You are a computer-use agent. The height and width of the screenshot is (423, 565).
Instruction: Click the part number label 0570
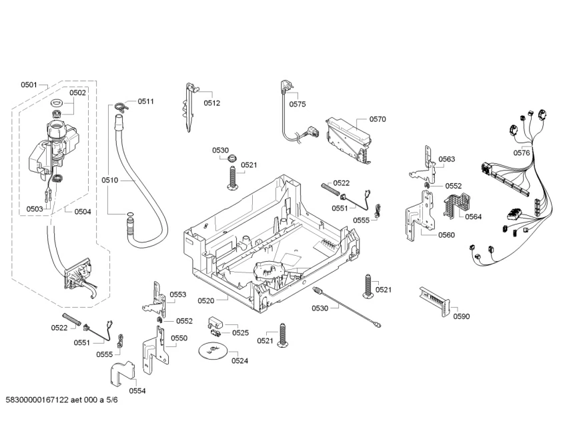coord(378,119)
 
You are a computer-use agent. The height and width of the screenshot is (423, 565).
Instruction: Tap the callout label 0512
coord(212,103)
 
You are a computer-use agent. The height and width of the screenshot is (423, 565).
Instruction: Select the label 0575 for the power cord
coord(298,104)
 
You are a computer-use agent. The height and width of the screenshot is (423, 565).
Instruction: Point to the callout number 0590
coord(461,316)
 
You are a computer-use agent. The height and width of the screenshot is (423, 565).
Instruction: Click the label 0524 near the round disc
coord(239,361)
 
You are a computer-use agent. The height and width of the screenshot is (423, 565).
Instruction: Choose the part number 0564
coord(473,216)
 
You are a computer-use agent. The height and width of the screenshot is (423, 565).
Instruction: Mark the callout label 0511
coord(146,101)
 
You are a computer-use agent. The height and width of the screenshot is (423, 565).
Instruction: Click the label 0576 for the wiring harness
coord(522,153)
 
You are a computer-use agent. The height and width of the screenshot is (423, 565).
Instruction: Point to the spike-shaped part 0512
coord(191,107)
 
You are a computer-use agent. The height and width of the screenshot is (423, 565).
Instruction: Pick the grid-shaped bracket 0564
coord(456,203)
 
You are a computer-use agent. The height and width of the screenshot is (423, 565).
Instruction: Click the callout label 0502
coord(77,93)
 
